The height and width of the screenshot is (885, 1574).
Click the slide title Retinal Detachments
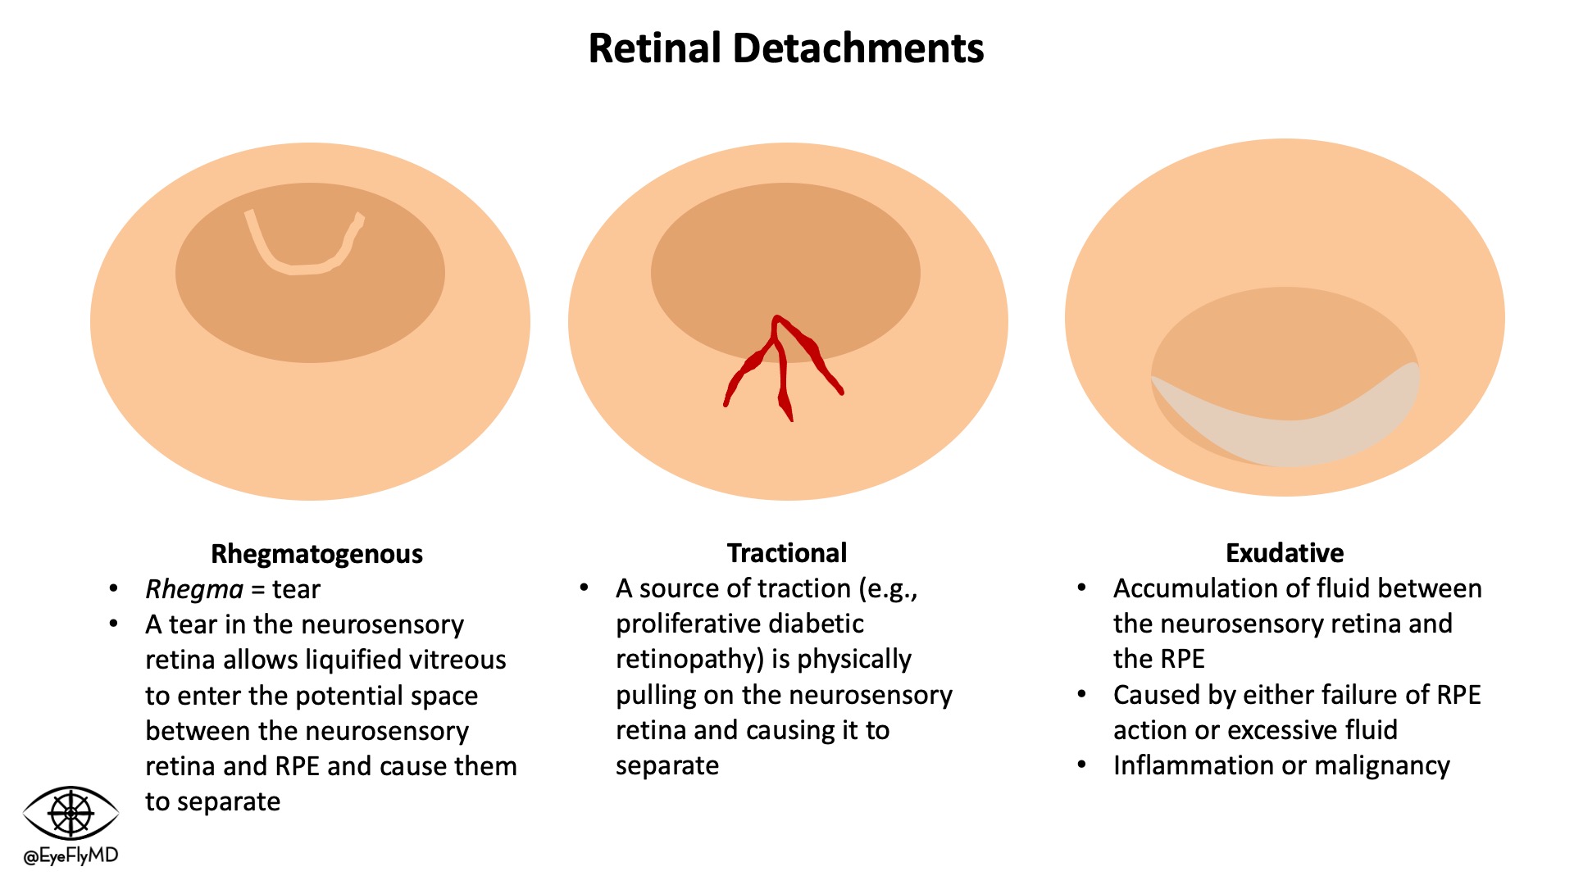pyautogui.click(x=785, y=48)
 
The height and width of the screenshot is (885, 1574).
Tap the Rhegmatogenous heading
pyautogui.click(x=316, y=554)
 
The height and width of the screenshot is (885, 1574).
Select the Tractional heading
pyautogui.click(x=786, y=553)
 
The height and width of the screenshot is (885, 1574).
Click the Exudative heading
pyautogui.click(x=1284, y=553)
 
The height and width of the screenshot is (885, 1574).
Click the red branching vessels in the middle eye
pyautogui.click(x=780, y=361)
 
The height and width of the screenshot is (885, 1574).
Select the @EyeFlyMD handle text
pyautogui.click(x=71, y=856)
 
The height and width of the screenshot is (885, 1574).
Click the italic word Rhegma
pyautogui.click(x=194, y=589)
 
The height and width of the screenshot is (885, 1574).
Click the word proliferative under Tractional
pyautogui.click(x=692, y=624)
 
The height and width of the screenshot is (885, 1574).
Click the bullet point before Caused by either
pyautogui.click(x=1082, y=695)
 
